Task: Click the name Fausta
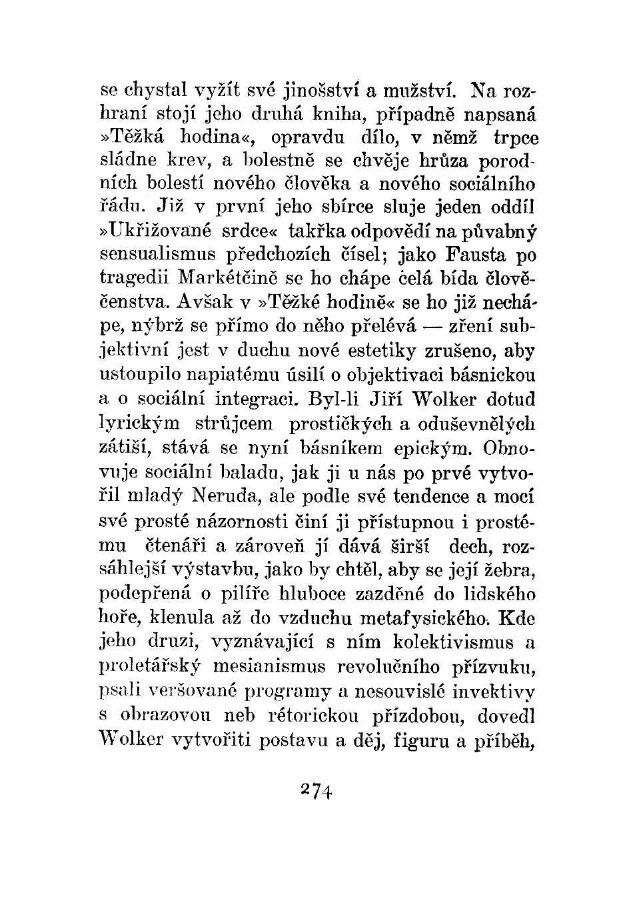coord(475,255)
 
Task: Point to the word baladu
coord(253,473)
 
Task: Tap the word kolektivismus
coord(452,642)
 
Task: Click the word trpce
coord(516,138)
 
